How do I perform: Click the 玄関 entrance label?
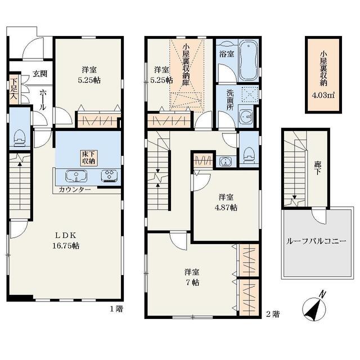pos(40,74)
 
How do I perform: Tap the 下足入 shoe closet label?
pos(13,88)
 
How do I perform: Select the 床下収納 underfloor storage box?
pos(88,157)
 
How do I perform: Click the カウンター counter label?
pos(75,190)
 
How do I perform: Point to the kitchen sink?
pos(76,177)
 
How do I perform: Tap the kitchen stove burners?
pos(109,175)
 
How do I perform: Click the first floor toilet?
pos(20,138)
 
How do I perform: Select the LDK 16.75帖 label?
pos(66,240)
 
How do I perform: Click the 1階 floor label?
pos(116,309)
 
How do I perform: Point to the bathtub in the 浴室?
pos(249,61)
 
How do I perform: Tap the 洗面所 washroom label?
pos(230,100)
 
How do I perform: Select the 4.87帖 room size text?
pos(226,208)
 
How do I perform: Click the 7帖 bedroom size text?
pos(192,282)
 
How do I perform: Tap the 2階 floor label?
pos(273,314)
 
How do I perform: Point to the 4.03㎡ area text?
pos(323,95)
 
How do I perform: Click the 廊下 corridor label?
pos(318,168)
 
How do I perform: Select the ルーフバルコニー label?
pos(316,241)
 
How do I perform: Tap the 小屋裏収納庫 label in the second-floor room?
pos(186,65)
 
